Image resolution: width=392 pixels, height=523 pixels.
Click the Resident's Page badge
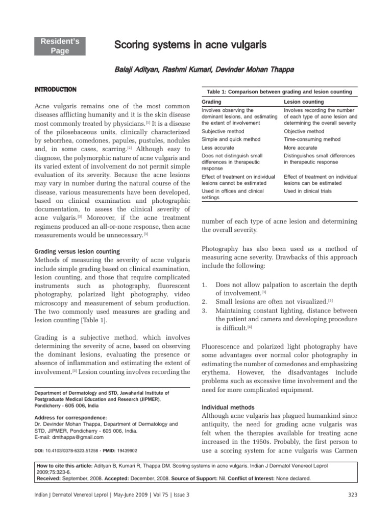pyautogui.click(x=60, y=46)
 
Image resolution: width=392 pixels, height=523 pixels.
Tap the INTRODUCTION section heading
pyautogui.click(x=55, y=90)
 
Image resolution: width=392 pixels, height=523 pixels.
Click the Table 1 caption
pyautogui.click(x=279, y=92)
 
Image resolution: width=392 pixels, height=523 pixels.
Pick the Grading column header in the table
pyautogui.click(x=211, y=102)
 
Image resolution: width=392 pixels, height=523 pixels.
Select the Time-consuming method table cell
pyautogui.click(x=312, y=139)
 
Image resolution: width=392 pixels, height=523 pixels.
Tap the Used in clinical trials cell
pyautogui.click(x=308, y=191)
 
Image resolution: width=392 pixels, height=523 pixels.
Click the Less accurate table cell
pyautogui.click(x=218, y=148)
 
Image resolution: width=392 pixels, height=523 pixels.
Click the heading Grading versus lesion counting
pyautogui.click(x=77, y=252)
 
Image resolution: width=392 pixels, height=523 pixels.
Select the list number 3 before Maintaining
pyautogui.click(x=204, y=310)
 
